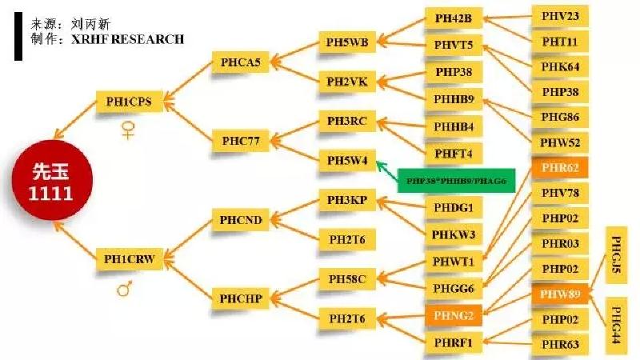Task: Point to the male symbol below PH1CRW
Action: coord(125,287)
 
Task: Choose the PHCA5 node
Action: coord(240,62)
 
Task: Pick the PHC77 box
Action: coord(240,142)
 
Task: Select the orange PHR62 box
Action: coord(560,168)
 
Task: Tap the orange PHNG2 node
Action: coord(454,316)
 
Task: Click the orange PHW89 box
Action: coord(560,294)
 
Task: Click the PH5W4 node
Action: coord(347,160)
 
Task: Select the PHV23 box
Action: coord(560,15)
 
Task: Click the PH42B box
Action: coord(454,17)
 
